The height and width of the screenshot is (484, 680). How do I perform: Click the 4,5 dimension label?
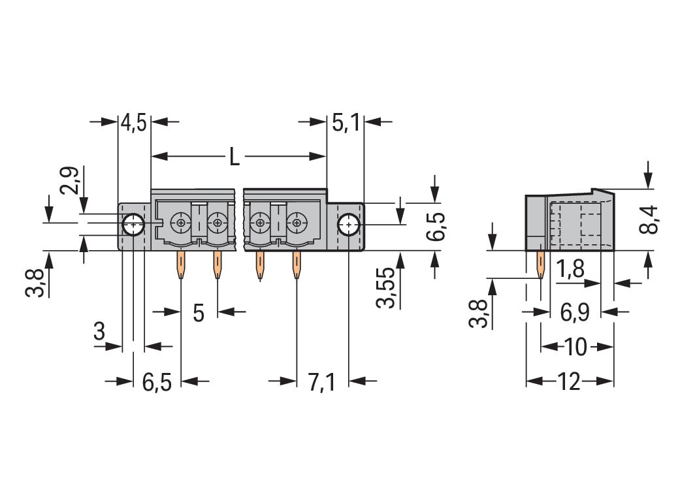(133, 123)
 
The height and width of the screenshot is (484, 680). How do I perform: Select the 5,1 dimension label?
(346, 123)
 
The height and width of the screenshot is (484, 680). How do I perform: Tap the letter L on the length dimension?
(234, 157)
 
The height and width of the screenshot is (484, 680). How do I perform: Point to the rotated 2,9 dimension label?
(70, 181)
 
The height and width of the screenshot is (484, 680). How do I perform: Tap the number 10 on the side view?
(575, 347)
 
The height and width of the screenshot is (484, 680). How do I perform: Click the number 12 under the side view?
(569, 381)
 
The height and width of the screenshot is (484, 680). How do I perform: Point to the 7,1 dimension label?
(321, 382)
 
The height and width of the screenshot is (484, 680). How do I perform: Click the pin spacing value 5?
(199, 313)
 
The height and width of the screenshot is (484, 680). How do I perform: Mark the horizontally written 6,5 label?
(157, 382)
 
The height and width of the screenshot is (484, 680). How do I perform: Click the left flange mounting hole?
(133, 225)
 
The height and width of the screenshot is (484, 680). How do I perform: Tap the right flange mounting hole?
(349, 225)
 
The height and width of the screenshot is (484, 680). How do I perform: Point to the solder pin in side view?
(540, 265)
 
